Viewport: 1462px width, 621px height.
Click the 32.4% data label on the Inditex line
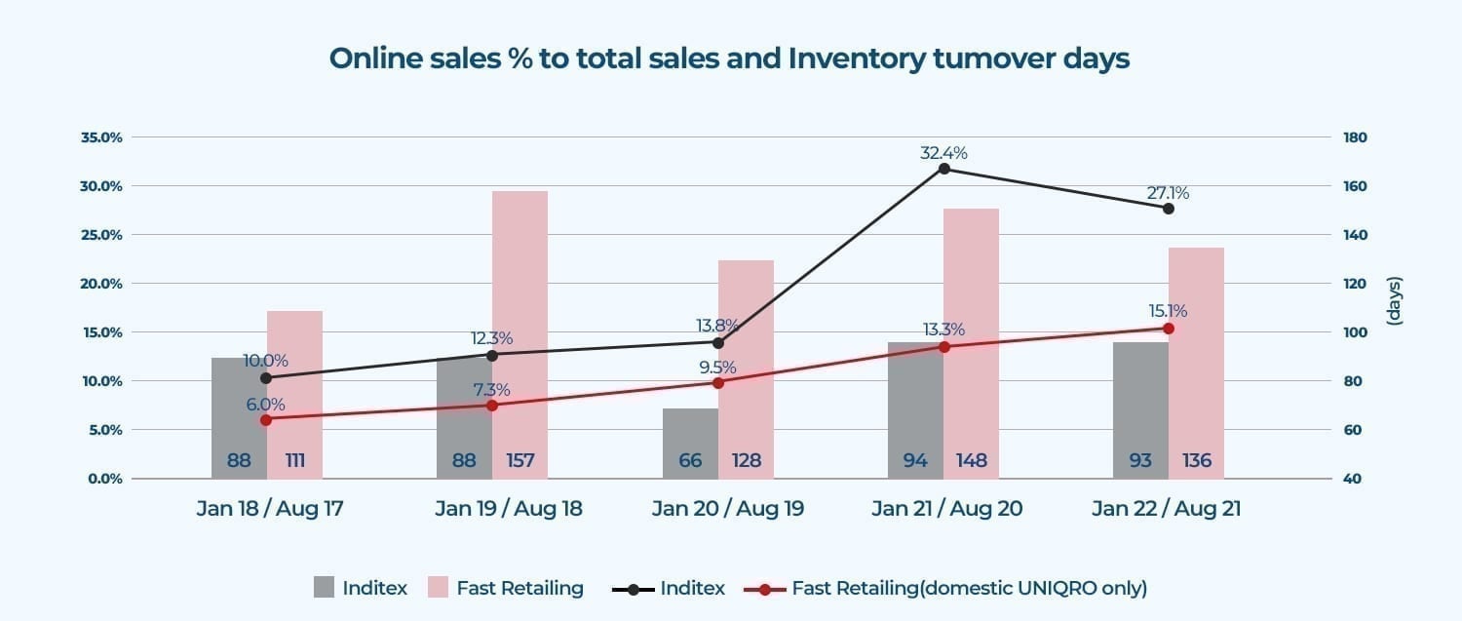(943, 153)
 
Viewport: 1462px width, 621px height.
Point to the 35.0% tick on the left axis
(101, 137)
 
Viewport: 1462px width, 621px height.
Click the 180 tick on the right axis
(1357, 137)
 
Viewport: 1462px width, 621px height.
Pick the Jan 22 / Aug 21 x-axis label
(1166, 509)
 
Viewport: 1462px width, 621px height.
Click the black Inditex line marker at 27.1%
(1169, 208)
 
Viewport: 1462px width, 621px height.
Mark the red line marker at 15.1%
(1169, 329)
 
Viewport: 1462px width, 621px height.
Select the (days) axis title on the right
(1394, 301)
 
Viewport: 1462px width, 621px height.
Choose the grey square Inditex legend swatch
(325, 588)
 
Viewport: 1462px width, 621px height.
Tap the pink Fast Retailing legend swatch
(438, 588)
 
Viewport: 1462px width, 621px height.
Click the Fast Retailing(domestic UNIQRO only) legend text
(970, 588)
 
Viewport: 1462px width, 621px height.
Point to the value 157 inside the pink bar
(520, 460)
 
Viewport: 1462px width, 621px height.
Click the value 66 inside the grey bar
(690, 460)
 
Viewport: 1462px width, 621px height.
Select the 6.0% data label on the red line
(265, 404)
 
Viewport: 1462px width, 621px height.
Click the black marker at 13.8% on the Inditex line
(718, 342)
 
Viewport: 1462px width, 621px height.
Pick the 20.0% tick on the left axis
(101, 284)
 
